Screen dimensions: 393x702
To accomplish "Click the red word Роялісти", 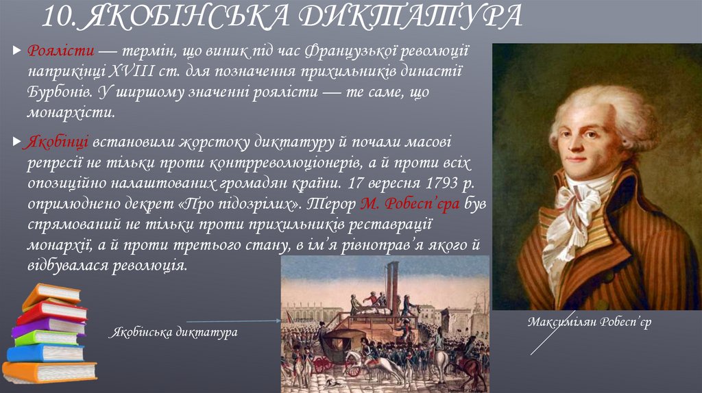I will click(x=57, y=52).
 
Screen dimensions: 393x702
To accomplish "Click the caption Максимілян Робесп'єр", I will click(x=589, y=322).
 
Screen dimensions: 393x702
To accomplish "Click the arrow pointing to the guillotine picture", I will click(x=233, y=320).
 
